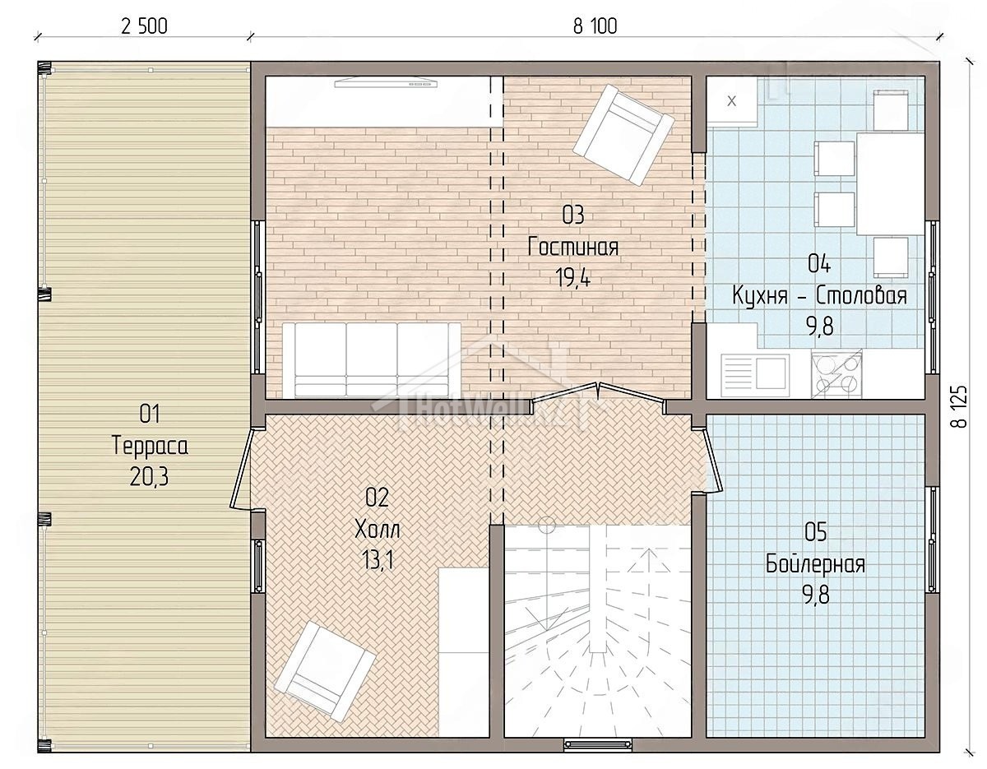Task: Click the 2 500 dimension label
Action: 144,26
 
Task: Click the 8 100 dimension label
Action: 595,26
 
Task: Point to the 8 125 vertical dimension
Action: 959,406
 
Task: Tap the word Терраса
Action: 150,445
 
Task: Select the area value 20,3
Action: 149,477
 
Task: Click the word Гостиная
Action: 573,248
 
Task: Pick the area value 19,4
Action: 572,277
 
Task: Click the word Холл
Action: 378,530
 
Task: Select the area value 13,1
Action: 378,560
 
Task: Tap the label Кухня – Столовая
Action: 820,296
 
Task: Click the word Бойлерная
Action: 816,564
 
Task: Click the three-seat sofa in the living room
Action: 372,359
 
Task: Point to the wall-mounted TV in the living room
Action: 386,83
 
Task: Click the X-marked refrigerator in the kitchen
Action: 732,101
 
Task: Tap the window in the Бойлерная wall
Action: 932,540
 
